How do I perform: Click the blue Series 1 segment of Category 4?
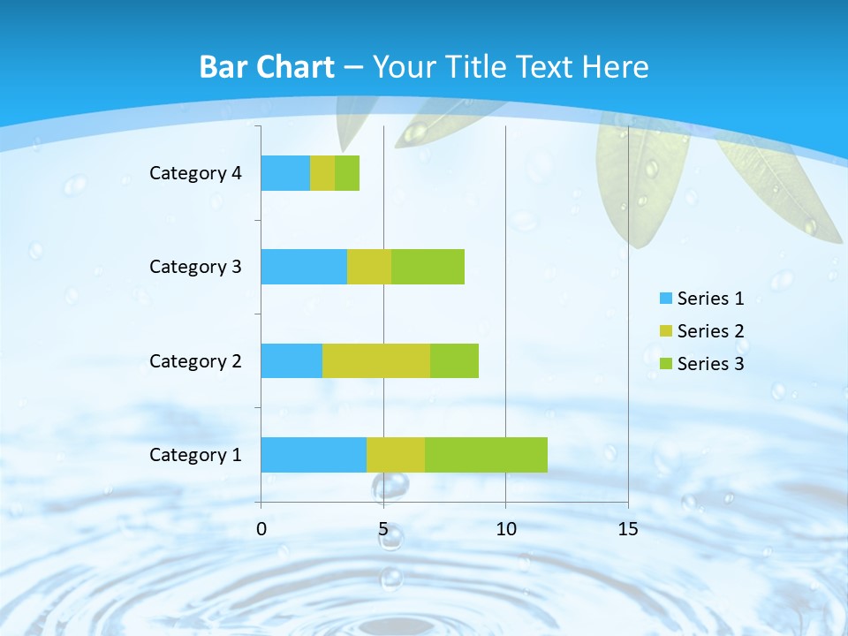[285, 173]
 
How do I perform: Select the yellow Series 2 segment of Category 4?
[322, 173]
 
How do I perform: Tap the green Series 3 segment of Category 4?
[347, 173]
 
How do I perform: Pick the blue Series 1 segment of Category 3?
[304, 267]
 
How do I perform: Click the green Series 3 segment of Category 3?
[428, 267]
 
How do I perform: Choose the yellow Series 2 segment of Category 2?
[376, 360]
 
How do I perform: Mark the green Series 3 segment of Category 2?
[454, 360]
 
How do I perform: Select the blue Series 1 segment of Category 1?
[314, 455]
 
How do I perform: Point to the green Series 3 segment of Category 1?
[486, 455]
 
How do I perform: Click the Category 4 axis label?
[195, 173]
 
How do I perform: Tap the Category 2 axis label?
[195, 361]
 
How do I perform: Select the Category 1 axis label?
[195, 455]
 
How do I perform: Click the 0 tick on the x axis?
[261, 529]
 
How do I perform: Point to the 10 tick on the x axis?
[505, 529]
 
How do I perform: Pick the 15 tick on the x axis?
[628, 529]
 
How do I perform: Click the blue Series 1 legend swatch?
[665, 299]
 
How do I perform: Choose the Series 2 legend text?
[710, 331]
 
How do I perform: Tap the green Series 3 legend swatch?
[665, 364]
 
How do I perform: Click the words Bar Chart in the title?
[267, 67]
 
